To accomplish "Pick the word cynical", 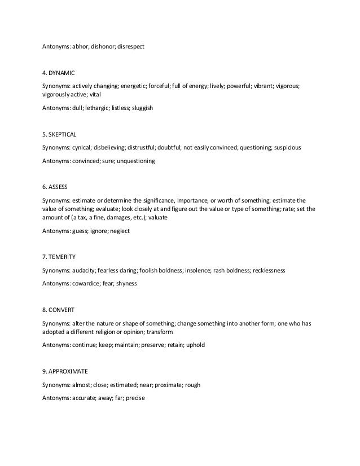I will click(84, 148).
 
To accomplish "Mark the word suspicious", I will click(287, 148).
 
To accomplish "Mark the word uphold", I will click(195, 345).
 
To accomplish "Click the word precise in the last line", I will click(136, 398).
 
